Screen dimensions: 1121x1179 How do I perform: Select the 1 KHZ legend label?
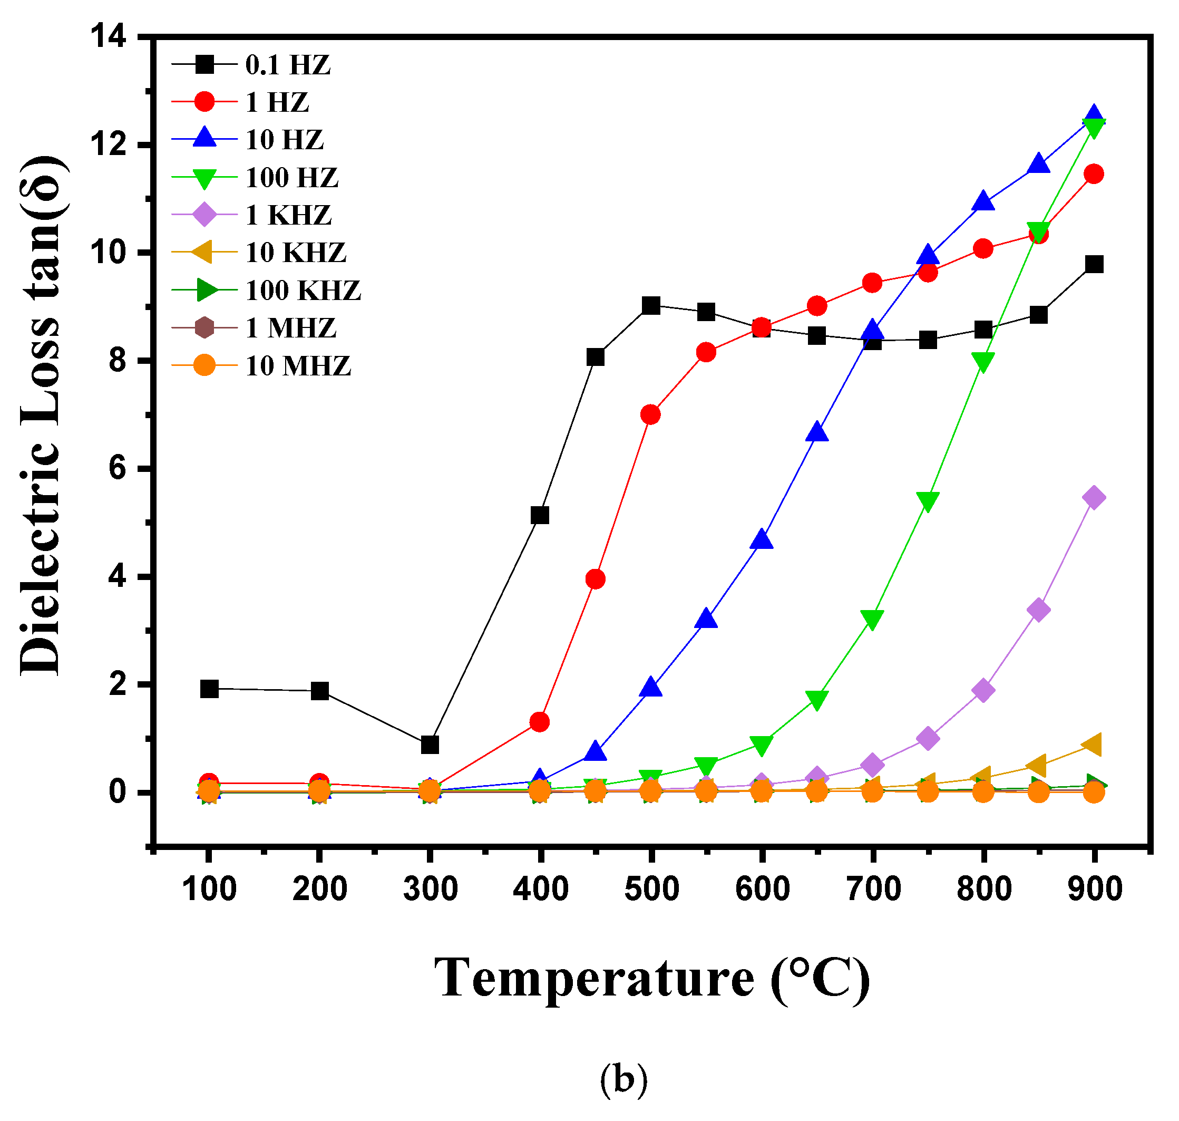(288, 215)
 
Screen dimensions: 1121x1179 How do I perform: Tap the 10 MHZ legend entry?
(298, 366)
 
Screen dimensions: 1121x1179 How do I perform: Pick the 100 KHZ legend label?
(303, 291)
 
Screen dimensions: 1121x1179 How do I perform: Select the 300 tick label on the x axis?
(430, 888)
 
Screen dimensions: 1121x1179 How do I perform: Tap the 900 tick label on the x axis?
(1095, 888)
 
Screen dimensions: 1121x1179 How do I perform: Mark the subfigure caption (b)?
(623, 1079)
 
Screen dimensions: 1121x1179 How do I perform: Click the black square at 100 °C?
(209, 689)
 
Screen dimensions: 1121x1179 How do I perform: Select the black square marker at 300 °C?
(430, 745)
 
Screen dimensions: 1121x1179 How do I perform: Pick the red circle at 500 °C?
(650, 414)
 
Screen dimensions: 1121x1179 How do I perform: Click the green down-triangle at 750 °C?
(928, 501)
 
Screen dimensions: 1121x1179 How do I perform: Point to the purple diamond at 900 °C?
(1094, 498)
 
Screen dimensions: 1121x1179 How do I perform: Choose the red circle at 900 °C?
(1094, 174)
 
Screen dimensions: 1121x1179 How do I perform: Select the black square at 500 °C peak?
(651, 305)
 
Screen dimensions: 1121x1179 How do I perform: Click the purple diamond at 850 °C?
(1039, 610)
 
